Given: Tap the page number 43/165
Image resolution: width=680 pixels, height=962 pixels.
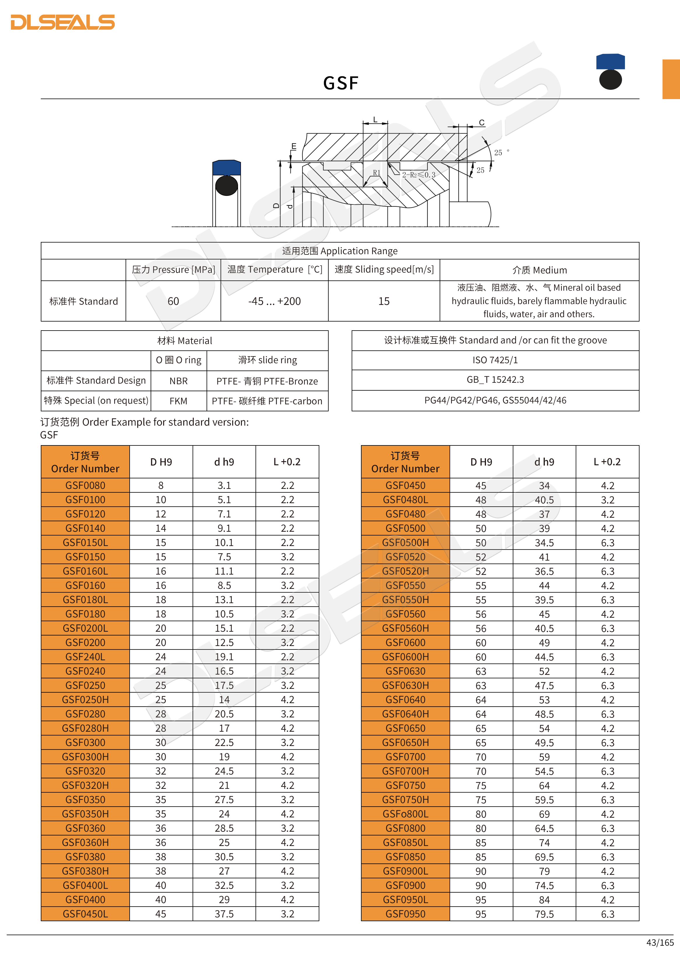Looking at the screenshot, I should coord(660,942).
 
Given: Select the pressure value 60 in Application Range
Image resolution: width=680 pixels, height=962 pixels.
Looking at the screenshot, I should coord(173,301).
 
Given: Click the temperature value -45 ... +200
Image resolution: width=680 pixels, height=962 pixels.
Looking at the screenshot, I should coord(274,301).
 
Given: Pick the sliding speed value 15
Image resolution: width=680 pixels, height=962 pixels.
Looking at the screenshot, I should coord(383,301).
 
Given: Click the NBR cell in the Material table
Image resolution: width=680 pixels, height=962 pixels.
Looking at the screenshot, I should coord(178,381).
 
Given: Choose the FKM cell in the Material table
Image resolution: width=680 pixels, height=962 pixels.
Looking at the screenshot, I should coord(178,401).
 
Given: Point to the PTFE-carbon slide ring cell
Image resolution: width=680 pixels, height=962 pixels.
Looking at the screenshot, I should coord(267,401).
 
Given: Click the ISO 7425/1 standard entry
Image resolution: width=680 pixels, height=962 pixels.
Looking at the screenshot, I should coord(495,360).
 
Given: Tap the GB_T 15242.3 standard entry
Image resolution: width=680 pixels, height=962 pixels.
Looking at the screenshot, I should coord(495,380).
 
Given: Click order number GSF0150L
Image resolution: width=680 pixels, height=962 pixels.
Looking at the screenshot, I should coord(85,543).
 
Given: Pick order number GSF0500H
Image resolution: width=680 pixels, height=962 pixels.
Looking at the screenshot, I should coord(405,543).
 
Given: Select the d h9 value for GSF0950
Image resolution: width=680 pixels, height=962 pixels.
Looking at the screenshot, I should coord(544,914).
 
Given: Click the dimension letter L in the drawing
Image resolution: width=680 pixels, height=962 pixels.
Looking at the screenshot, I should coord(375,120).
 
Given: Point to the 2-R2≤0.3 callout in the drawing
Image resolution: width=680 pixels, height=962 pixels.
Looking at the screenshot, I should coord(418,175).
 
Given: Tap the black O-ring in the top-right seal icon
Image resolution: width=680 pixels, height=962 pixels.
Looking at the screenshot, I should coord(610,80).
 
